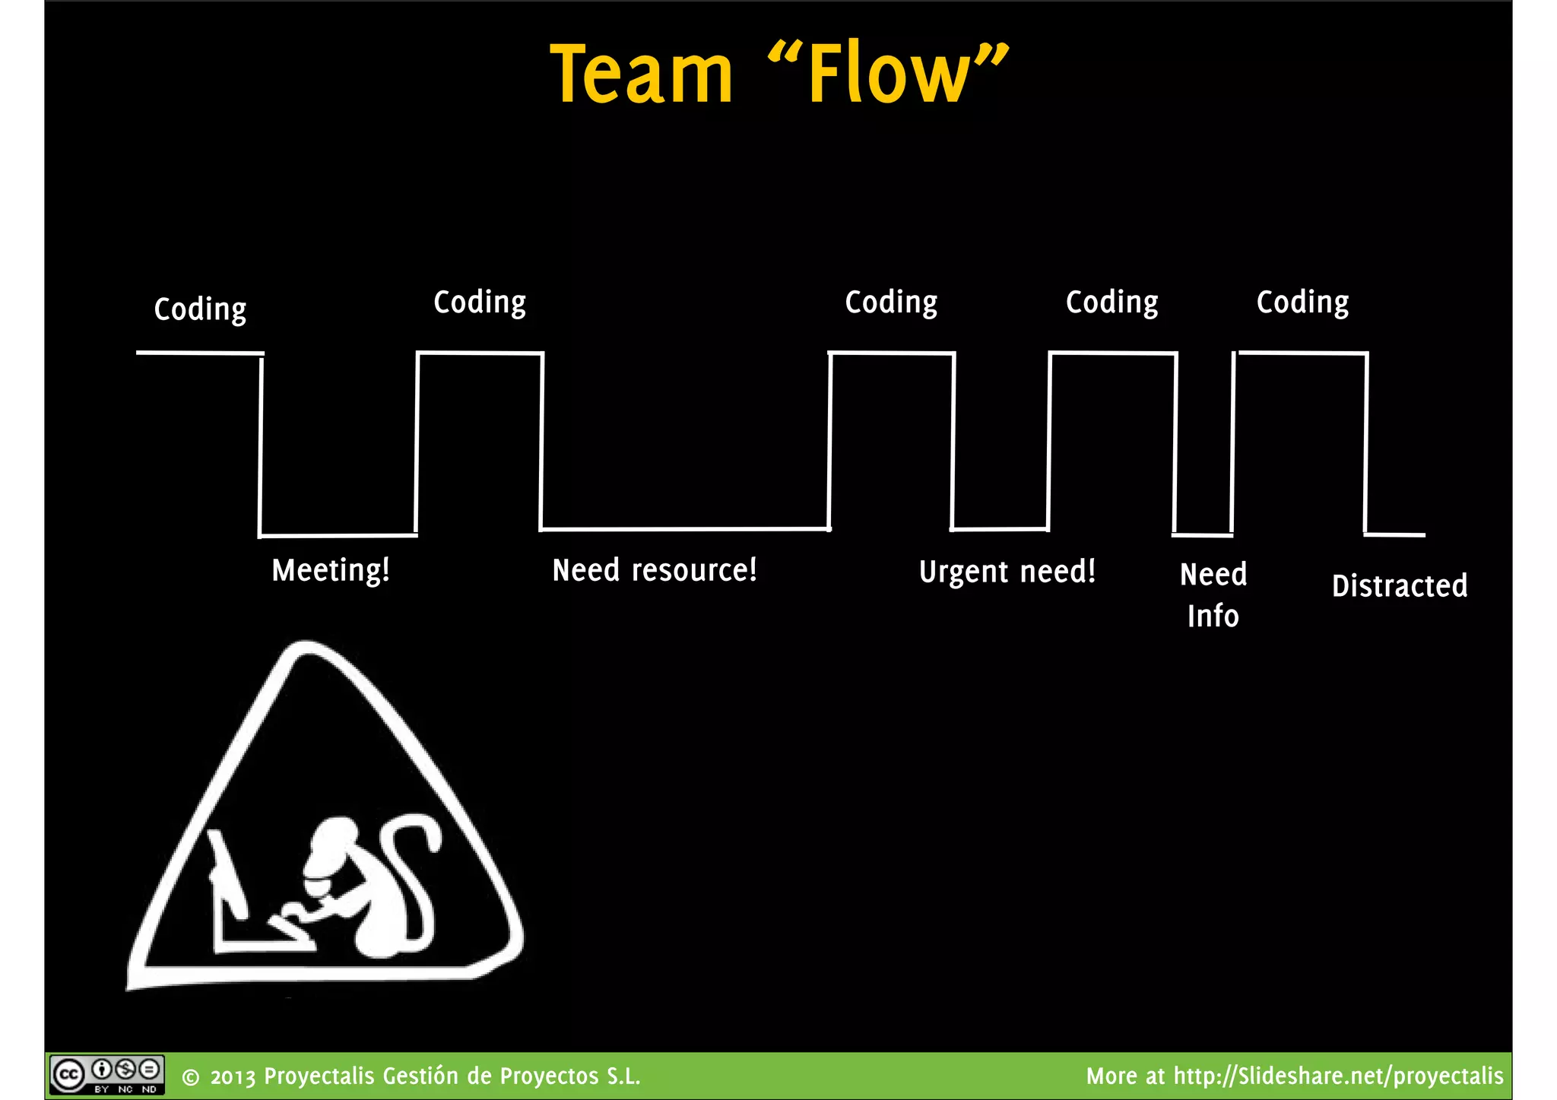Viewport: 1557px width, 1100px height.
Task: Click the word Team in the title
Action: point(641,74)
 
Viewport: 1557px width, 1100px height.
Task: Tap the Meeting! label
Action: point(331,570)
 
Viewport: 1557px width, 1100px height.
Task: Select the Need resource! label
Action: point(655,570)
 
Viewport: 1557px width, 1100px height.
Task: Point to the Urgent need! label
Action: point(1007,572)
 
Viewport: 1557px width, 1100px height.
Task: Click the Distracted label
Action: point(1400,586)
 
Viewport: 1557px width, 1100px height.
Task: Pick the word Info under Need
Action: point(1213,616)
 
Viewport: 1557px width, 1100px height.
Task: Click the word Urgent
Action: point(964,572)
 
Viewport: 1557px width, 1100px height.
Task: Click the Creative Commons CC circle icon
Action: point(68,1075)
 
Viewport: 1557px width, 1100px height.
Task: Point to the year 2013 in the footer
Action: point(233,1077)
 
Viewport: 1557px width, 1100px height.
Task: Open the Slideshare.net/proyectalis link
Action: point(1338,1076)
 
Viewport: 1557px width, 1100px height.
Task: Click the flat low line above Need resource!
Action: point(684,528)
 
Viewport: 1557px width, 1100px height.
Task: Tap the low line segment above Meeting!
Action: point(338,535)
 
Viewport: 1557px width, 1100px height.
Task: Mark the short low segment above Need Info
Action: point(1203,534)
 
